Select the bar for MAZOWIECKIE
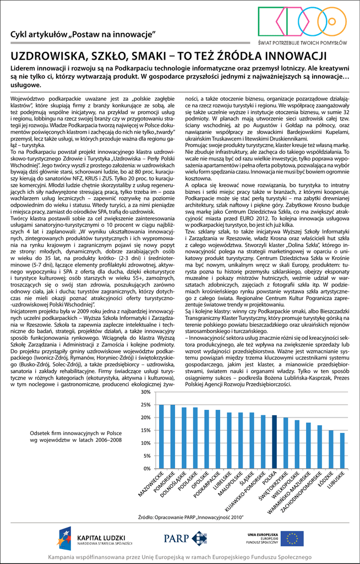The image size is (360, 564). tap(161, 436)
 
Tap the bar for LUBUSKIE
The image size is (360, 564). tap(342, 451)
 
